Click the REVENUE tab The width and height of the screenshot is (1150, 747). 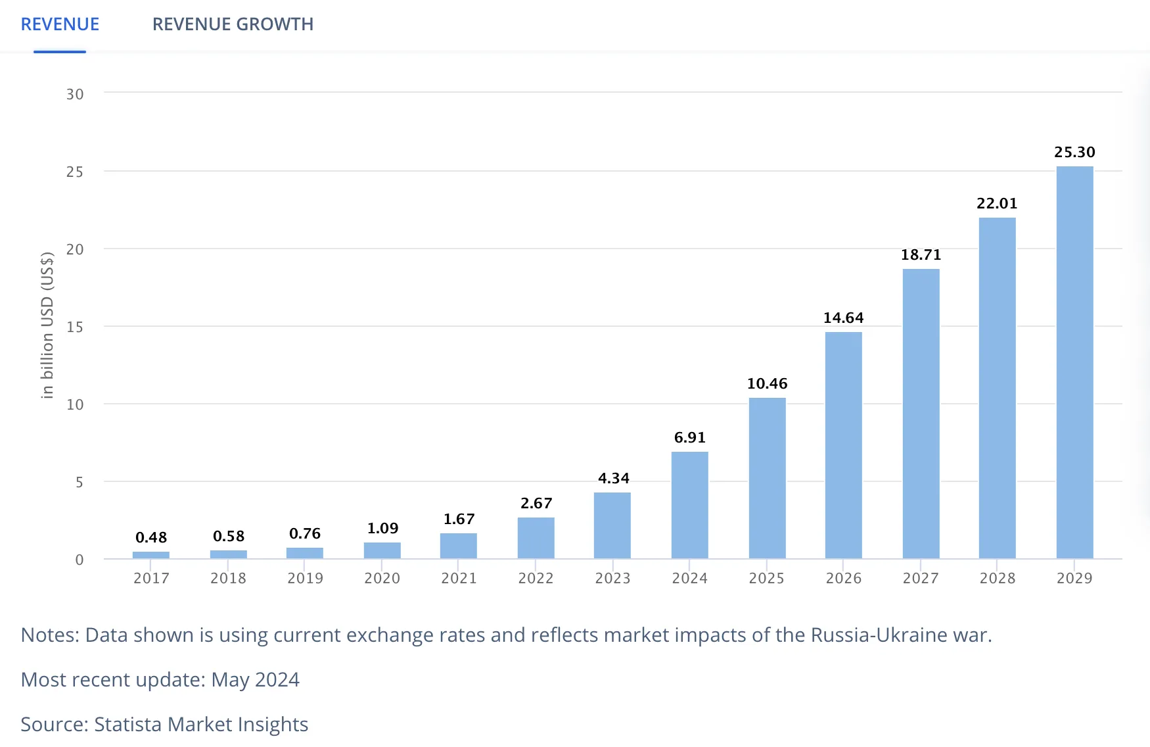point(60,24)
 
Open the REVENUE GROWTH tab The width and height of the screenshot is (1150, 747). point(233,24)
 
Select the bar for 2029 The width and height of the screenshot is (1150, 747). point(1074,362)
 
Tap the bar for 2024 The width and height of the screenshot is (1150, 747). point(689,505)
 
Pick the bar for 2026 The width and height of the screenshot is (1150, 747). point(843,445)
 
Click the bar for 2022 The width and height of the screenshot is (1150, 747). point(536,538)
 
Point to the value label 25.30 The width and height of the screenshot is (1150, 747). point(1074,152)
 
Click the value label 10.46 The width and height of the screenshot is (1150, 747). point(767,383)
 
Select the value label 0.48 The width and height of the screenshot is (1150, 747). point(151,537)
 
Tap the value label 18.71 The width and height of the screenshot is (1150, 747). point(921,254)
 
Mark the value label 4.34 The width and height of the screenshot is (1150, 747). point(613,478)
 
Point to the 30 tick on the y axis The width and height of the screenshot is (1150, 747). point(75,94)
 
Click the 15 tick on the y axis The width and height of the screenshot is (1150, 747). point(75,327)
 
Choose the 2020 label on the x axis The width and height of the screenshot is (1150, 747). point(382,578)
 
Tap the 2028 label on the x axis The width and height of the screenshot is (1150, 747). point(997,578)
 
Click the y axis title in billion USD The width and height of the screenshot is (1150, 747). point(47,325)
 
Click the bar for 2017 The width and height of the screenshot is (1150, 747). point(151,555)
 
